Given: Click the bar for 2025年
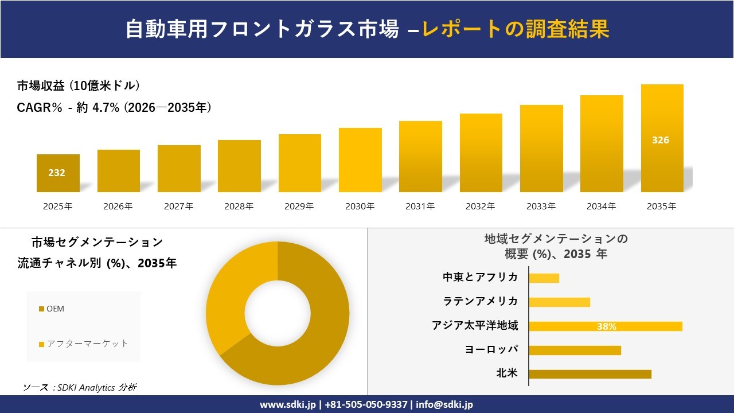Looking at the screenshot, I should [58, 173].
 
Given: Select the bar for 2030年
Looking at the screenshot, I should [360, 160].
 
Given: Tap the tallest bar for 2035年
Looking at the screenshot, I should [662, 138].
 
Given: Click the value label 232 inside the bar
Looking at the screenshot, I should [57, 173].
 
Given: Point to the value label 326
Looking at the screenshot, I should [661, 140].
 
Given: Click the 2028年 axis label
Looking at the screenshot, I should [239, 206].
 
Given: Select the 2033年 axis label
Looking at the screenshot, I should [541, 206].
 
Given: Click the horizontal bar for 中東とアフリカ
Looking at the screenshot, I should [544, 278].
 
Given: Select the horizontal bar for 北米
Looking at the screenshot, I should [589, 374].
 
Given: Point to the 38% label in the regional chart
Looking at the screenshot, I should [606, 326].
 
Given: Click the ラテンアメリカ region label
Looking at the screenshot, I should [480, 301].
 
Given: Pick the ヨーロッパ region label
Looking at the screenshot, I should [491, 349].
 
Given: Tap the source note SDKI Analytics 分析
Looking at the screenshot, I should [80, 388].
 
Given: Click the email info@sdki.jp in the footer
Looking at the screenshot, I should [444, 404].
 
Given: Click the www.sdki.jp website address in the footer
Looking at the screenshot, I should [288, 404].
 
